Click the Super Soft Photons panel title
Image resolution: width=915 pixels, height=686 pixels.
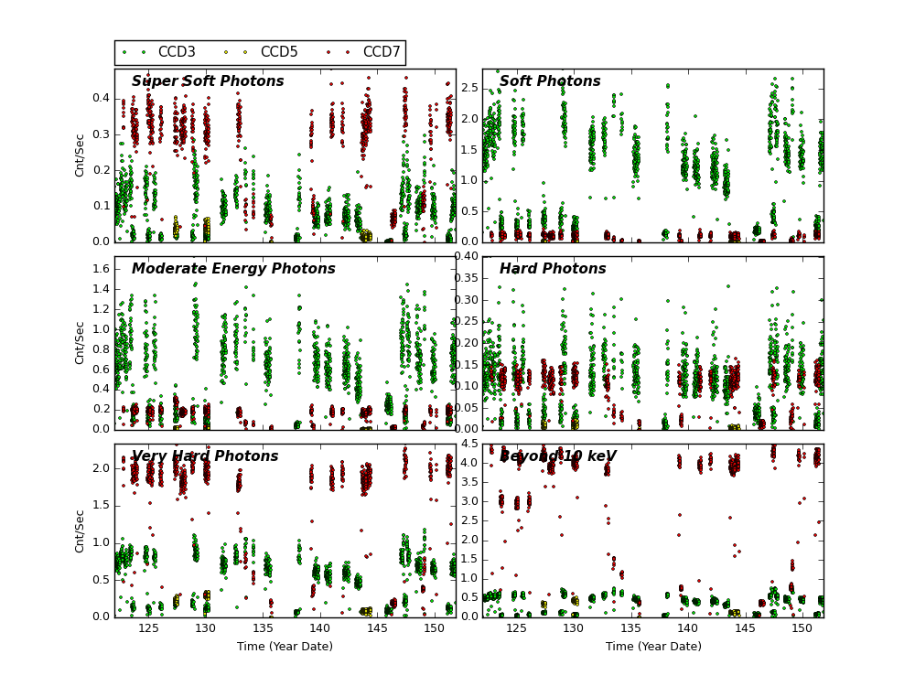pos(208,81)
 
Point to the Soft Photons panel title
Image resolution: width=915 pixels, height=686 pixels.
pos(550,81)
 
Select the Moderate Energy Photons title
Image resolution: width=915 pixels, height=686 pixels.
pos(233,269)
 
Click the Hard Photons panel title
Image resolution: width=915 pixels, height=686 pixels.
pos(553,269)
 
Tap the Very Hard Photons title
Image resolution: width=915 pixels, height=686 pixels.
pos(205,456)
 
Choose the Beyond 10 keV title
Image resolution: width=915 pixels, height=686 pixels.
pos(557,456)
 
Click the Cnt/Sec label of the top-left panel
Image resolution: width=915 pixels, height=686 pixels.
pos(81,155)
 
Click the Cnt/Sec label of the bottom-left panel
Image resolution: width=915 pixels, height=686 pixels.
pos(81,531)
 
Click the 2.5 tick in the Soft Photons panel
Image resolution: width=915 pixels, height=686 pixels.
pos(468,87)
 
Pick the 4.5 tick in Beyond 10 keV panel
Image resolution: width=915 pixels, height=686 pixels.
pos(468,445)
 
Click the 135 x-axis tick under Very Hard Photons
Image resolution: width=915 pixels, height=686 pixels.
pos(263,628)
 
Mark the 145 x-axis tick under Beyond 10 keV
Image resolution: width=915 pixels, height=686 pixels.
pos(746,628)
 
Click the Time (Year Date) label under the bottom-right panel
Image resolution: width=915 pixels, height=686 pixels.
pos(653,647)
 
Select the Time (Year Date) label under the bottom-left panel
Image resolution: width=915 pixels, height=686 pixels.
pos(285,647)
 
